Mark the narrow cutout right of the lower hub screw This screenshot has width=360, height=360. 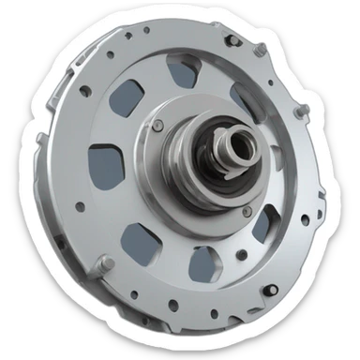[x=264, y=223]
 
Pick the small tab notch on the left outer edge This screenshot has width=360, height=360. [x=41, y=140]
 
